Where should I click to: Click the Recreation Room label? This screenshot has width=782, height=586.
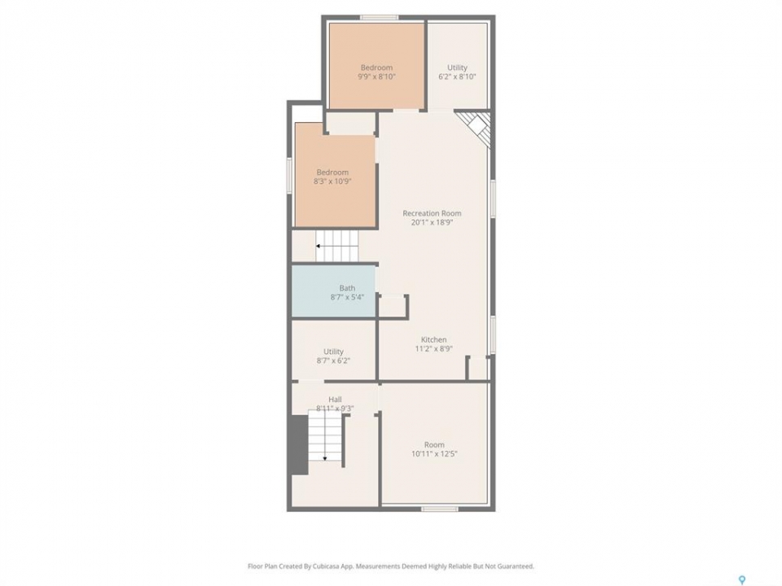pos(432,213)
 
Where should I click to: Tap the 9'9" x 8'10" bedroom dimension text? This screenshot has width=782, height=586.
pos(376,77)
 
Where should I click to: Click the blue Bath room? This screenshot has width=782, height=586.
pos(334,291)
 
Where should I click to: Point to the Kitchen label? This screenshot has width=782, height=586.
pos(434,340)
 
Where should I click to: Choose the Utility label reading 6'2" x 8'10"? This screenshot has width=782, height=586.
pos(457,72)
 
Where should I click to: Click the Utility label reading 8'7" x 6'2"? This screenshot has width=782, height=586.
pos(333,356)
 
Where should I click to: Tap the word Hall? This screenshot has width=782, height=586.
pos(335,399)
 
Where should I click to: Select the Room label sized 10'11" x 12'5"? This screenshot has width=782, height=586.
pos(434,449)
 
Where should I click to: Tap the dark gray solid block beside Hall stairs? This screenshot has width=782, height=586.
pos(299,445)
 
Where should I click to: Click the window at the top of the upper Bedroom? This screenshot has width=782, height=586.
pos(379,18)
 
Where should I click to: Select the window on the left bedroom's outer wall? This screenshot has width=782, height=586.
pos(288,176)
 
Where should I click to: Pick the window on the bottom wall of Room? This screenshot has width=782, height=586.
pos(439,509)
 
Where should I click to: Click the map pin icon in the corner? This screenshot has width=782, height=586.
pos(742,580)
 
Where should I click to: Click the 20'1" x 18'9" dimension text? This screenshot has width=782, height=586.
pos(432,223)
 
